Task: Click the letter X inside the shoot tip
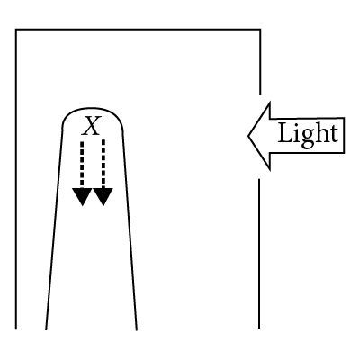point(92,126)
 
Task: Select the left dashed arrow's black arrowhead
point(82,196)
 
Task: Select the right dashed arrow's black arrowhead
point(103,196)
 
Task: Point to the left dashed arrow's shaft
point(82,165)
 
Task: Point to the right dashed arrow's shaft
point(103,164)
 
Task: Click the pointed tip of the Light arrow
point(248,136)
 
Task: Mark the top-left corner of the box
point(16,30)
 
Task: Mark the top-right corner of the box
point(260,30)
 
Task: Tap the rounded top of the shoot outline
point(92,108)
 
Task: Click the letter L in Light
point(286,133)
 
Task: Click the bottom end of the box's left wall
point(16,328)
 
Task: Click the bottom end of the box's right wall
point(259,328)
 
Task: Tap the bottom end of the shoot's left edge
point(46,329)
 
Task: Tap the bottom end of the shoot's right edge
point(137,330)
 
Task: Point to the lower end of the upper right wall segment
point(260,94)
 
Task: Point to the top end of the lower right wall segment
point(259,179)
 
